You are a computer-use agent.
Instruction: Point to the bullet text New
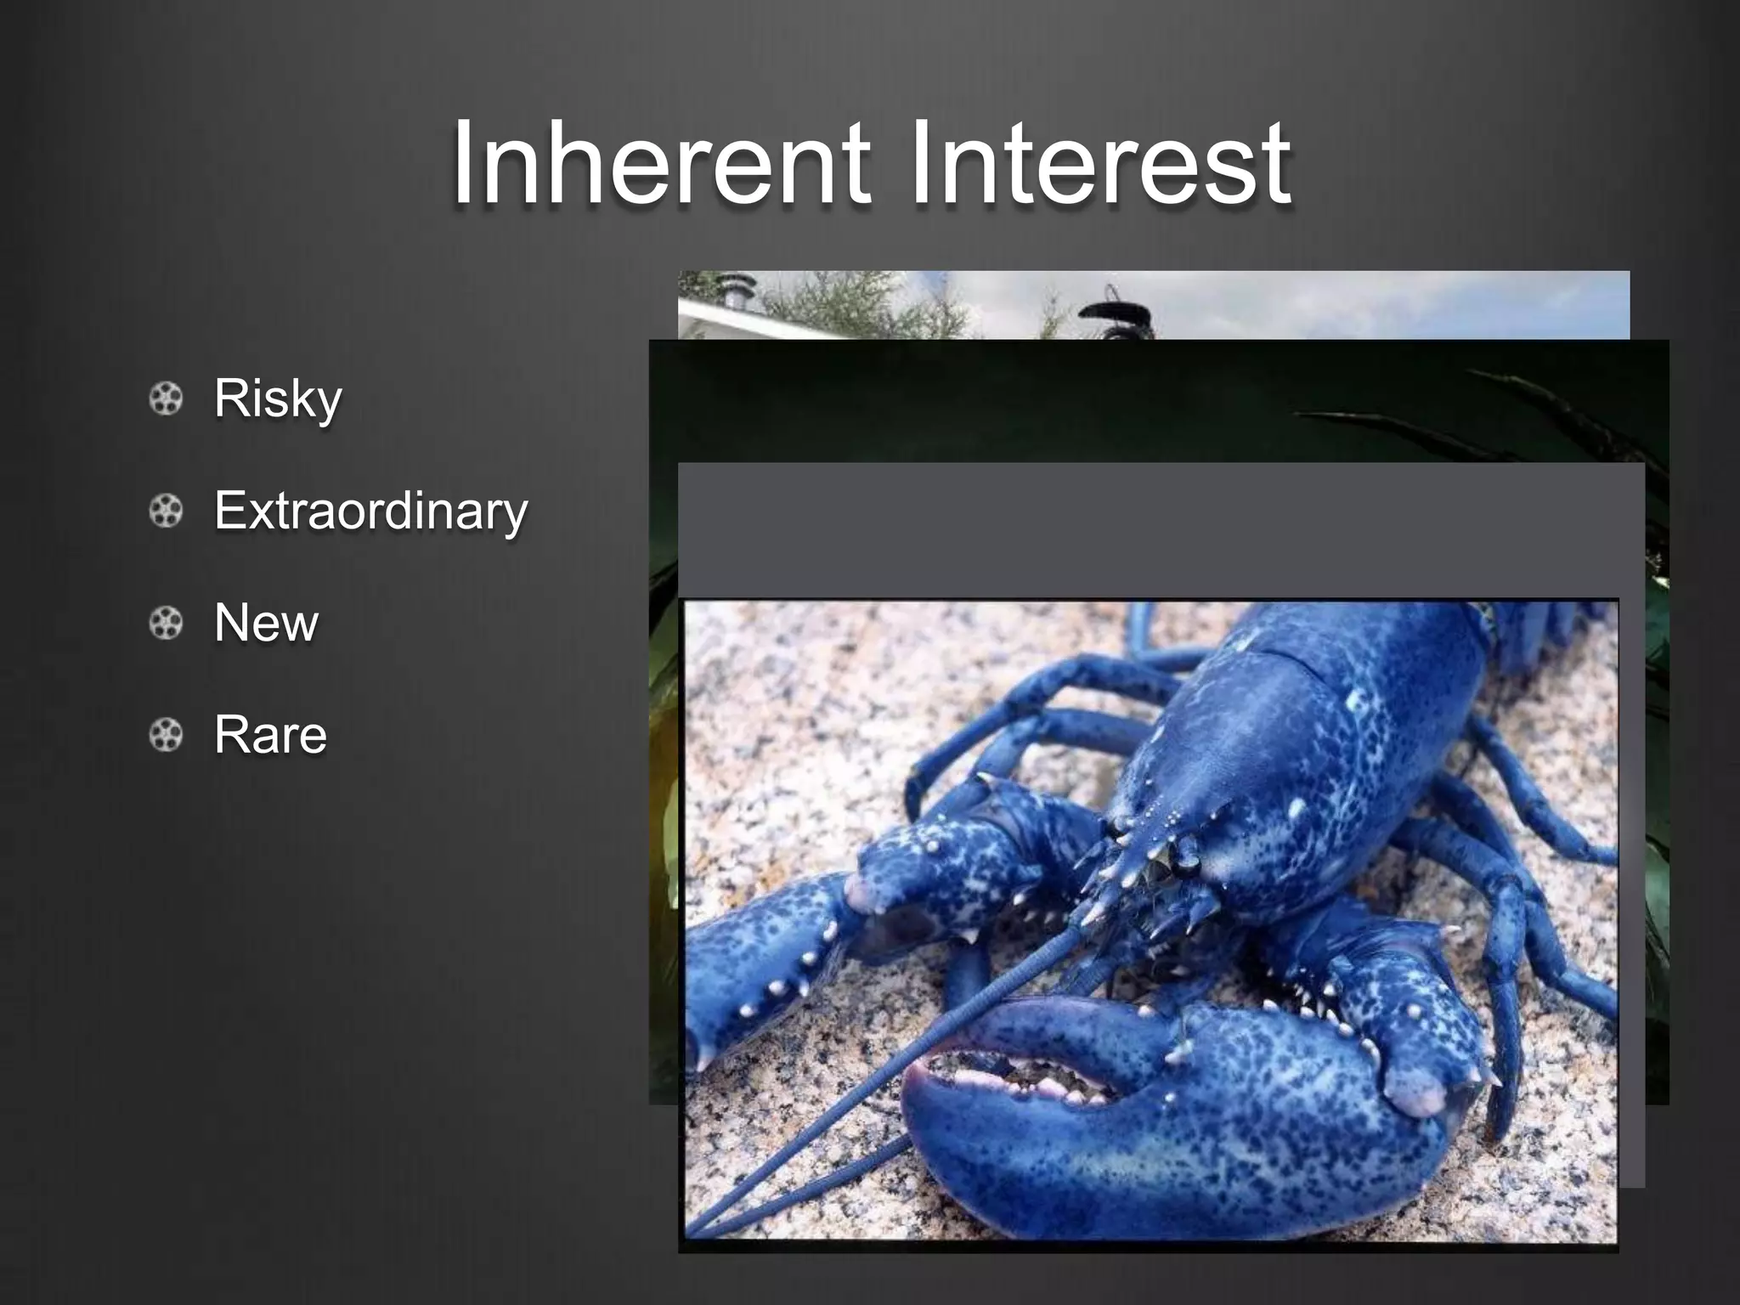(x=266, y=622)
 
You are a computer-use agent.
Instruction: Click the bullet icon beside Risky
(x=166, y=398)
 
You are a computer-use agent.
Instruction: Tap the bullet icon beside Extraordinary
(x=166, y=511)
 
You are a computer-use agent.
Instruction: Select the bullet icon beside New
(x=166, y=623)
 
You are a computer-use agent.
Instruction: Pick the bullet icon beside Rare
(x=166, y=735)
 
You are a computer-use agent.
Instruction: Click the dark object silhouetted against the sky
(x=1117, y=314)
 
